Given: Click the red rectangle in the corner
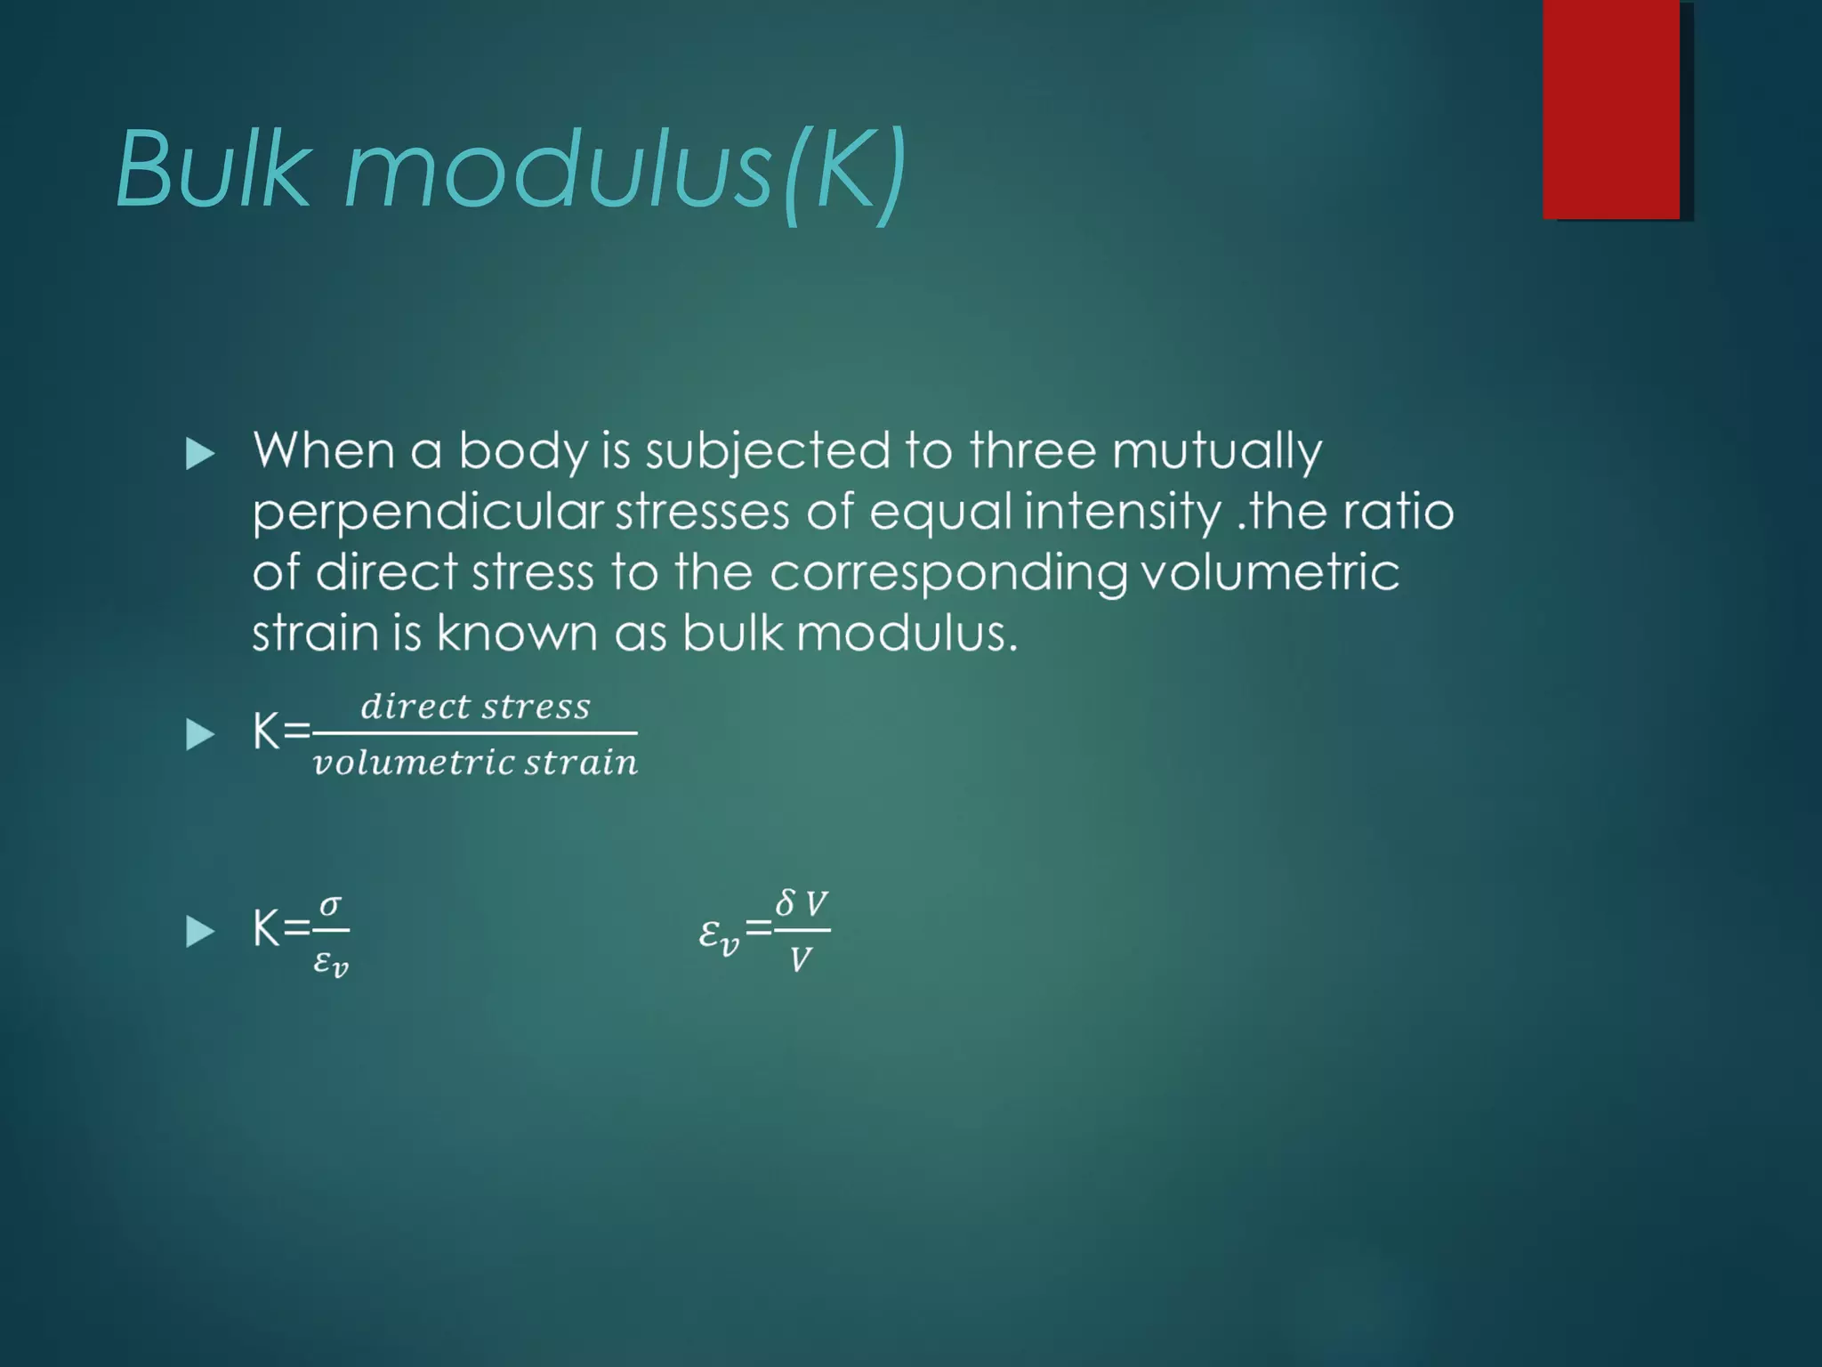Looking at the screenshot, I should tap(1611, 109).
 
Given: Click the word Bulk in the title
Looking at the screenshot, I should tap(214, 169).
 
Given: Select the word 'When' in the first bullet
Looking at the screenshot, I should tap(323, 450).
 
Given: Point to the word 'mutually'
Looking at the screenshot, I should tap(1216, 452).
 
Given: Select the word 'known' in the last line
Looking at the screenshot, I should tap(516, 634).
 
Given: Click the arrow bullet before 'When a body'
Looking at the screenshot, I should tap(200, 455).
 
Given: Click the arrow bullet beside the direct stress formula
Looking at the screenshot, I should tap(200, 735).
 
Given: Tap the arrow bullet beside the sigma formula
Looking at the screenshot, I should tap(200, 932).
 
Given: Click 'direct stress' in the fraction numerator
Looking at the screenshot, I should tap(475, 707).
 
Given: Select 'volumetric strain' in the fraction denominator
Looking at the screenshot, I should tap(475, 763).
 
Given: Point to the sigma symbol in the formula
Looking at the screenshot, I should tap(330, 905).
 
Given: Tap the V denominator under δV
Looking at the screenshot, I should tap(800, 959).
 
